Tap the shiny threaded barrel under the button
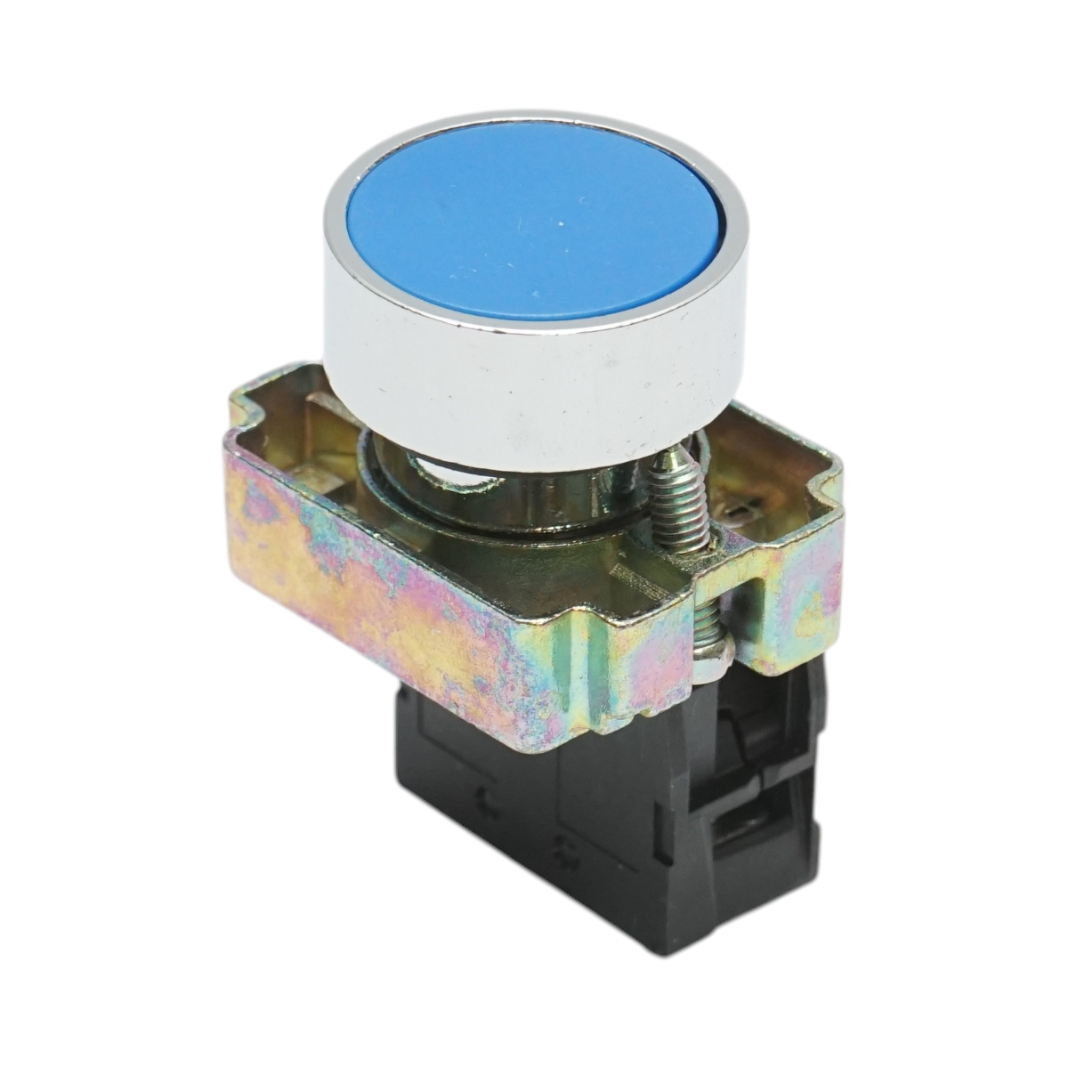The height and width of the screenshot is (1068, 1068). pos(534,498)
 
